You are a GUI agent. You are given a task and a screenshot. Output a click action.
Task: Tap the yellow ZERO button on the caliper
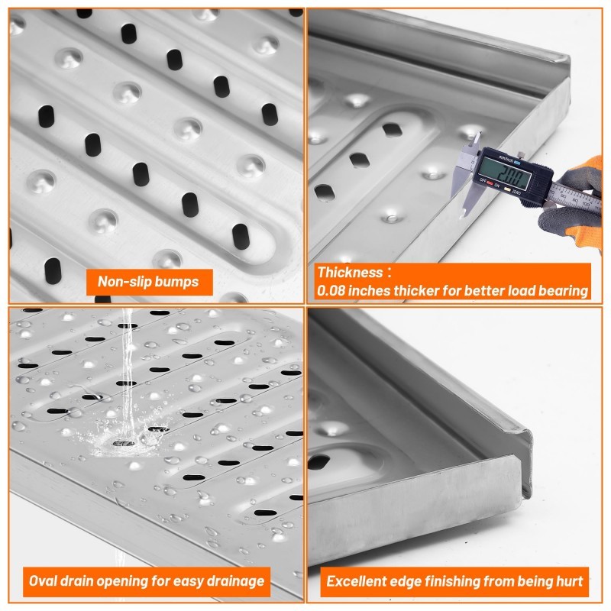(x=507, y=189)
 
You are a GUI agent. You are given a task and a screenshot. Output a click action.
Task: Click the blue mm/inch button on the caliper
(x=517, y=163)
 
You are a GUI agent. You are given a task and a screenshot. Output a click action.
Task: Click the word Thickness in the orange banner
(x=350, y=272)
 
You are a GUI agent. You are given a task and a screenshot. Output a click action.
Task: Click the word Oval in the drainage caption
(x=41, y=581)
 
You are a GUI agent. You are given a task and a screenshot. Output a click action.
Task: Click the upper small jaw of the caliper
(x=476, y=141)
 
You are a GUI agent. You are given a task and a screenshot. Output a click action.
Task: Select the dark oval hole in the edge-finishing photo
(x=318, y=462)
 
